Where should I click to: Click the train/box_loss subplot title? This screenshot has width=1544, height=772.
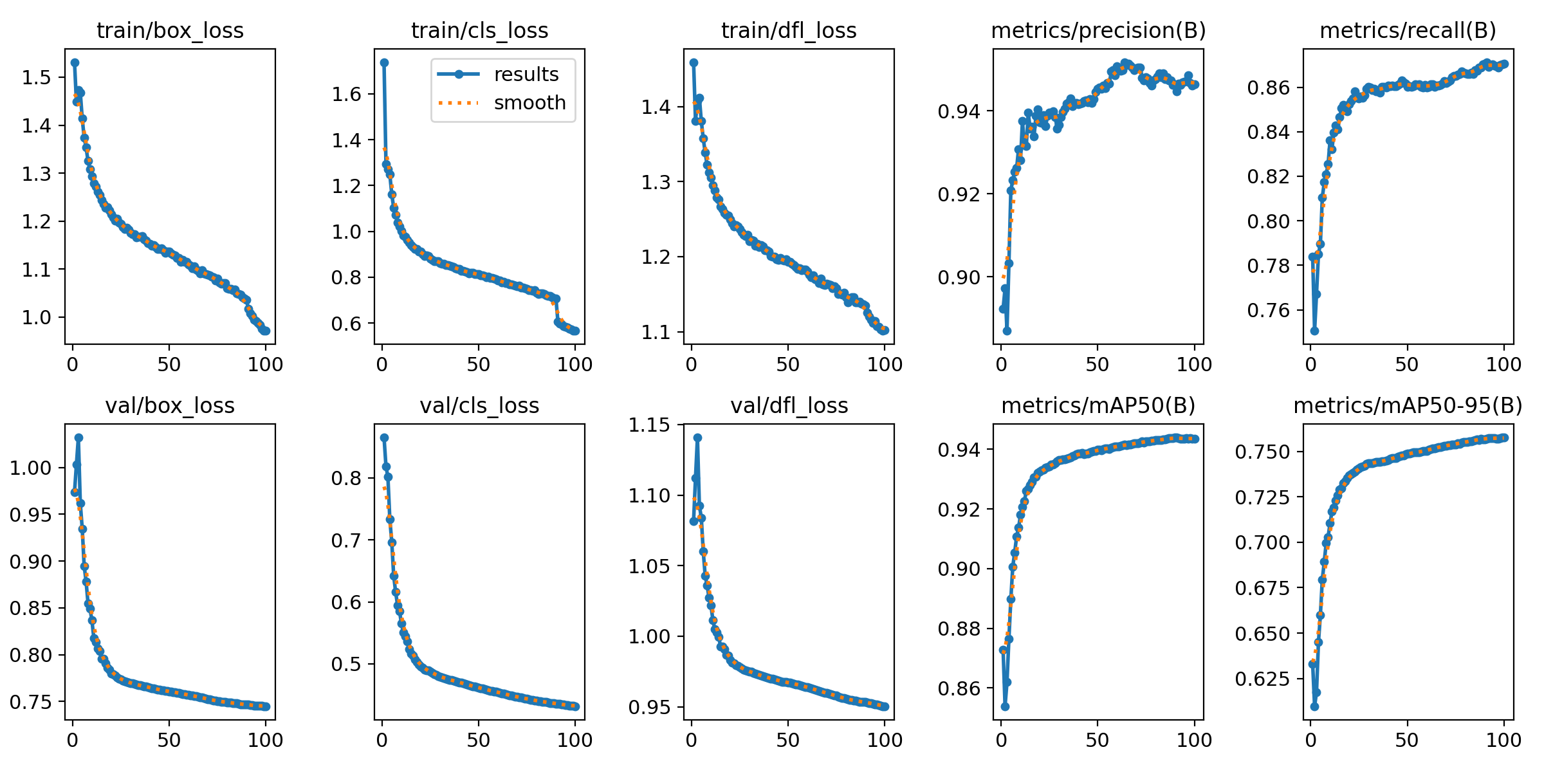pyautogui.click(x=170, y=31)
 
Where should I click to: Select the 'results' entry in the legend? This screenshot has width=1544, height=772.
pyautogui.click(x=526, y=75)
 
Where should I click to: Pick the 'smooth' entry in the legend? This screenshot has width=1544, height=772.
pyautogui.click(x=529, y=103)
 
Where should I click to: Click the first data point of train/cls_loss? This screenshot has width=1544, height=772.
pyautogui.click(x=384, y=63)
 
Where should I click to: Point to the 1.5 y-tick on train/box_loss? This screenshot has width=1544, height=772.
pyautogui.click(x=36, y=78)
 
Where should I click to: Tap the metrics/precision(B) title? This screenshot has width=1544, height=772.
pyautogui.click(x=1098, y=31)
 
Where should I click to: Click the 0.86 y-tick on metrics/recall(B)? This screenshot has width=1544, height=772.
pyautogui.click(x=1269, y=87)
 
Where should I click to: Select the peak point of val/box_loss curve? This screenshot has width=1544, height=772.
pyautogui.click(x=78, y=437)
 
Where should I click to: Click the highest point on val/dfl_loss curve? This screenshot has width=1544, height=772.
pyautogui.click(x=697, y=437)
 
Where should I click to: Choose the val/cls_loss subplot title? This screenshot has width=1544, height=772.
pyautogui.click(x=479, y=406)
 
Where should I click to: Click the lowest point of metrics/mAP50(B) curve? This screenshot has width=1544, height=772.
pyautogui.click(x=1005, y=706)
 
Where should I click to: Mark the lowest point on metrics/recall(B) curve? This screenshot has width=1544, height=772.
pyautogui.click(x=1314, y=331)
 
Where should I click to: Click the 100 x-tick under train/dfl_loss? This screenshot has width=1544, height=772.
pyautogui.click(x=885, y=365)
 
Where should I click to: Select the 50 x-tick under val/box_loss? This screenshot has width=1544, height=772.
pyautogui.click(x=169, y=740)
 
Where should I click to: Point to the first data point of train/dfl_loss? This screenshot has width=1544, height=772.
pyautogui.click(x=694, y=63)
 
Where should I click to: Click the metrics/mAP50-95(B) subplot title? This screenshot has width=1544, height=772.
pyautogui.click(x=1408, y=406)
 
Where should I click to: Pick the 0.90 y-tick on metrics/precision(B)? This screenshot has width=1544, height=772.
pyautogui.click(x=959, y=278)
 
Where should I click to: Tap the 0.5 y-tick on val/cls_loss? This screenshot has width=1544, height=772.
pyautogui.click(x=346, y=665)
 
